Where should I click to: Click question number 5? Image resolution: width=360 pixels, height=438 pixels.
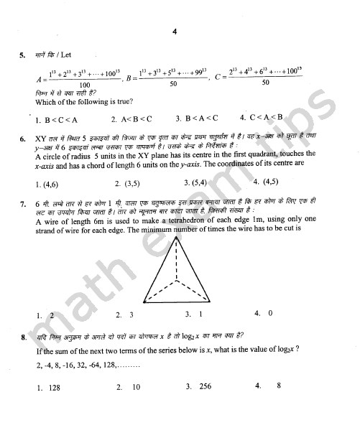coord(23,54)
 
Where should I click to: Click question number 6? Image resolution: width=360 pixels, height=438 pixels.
coord(23,137)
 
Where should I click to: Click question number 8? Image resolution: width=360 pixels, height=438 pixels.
coord(23,336)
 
